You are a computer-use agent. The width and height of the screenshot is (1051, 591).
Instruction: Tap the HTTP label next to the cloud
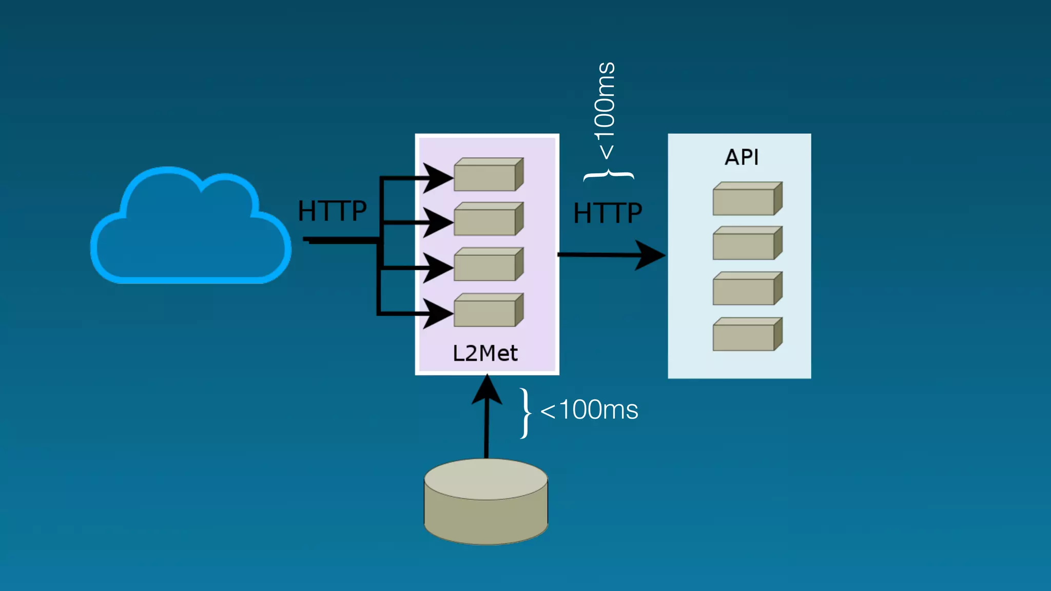[333, 211]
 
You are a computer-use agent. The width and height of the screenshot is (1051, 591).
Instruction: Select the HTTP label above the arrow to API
[608, 213]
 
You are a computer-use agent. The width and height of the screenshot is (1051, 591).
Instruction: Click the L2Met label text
[485, 353]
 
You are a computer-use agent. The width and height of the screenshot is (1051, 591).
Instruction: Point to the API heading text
[742, 157]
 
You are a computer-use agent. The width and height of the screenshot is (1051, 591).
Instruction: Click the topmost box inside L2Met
[488, 175]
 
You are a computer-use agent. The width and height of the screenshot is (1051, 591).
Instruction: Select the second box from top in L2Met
[488, 220]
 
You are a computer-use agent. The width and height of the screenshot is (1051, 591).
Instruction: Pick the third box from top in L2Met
[488, 265]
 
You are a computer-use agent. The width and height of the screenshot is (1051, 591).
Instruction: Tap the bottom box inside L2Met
[488, 310]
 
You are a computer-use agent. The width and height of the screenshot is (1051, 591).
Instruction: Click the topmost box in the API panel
[747, 199]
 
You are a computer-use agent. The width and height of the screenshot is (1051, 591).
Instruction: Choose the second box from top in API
[747, 244]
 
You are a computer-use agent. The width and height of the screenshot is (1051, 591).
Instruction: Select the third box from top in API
[747, 289]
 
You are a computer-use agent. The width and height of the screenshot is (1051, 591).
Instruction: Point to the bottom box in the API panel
[747, 334]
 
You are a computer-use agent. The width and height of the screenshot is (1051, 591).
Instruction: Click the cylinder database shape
[486, 502]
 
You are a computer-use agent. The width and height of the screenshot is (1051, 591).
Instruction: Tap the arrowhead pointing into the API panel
[651, 255]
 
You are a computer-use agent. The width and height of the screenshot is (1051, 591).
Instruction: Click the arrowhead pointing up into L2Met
[486, 390]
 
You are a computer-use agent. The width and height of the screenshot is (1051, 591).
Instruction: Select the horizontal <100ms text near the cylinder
[589, 410]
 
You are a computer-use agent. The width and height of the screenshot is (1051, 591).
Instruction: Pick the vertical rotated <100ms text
[605, 110]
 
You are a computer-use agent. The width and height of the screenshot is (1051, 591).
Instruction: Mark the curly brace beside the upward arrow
[525, 413]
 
